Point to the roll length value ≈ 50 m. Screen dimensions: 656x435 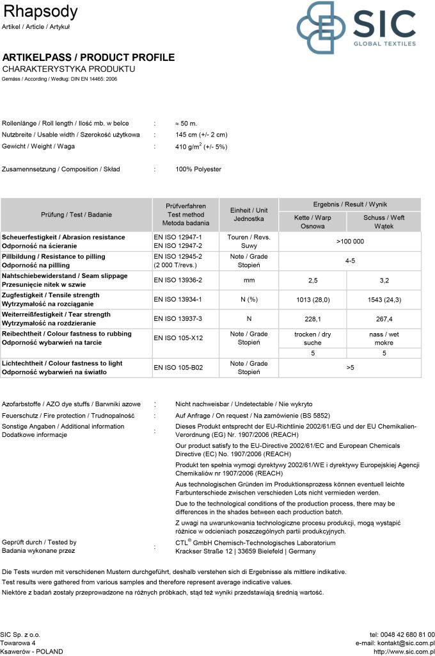186,123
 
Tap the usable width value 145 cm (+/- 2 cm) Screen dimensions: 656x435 201,135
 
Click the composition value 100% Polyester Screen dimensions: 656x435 198,169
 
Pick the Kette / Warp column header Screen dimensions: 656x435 313,222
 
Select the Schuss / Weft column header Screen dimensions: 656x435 384,222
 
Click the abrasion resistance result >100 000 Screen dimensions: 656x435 350,242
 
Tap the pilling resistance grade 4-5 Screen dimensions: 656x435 351,261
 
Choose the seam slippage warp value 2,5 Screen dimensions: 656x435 313,280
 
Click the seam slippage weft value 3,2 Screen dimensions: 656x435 384,280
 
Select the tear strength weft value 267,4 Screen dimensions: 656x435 384,318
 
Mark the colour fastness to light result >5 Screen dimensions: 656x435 351,368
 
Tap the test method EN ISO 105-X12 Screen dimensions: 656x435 178,338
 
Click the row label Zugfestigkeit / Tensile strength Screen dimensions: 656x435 56,295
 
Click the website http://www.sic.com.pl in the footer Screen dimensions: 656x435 404,652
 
